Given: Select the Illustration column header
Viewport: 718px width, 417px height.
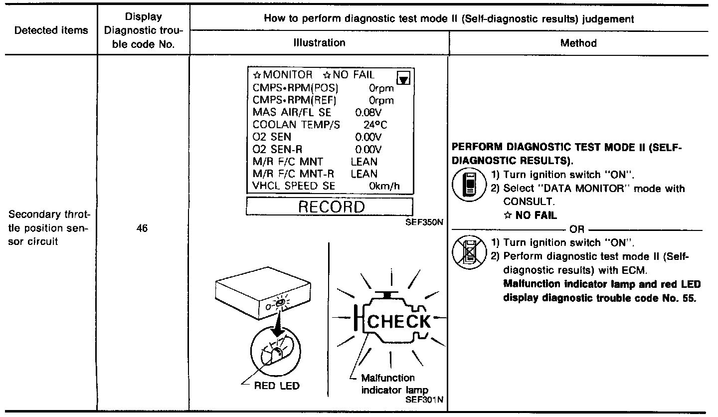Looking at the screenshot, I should (x=319, y=43).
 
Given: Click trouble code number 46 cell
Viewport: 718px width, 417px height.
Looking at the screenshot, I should (x=143, y=230).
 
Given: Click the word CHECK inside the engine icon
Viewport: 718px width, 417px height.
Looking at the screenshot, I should (x=398, y=321).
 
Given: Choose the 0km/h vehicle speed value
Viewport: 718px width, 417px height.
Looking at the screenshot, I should (x=384, y=186).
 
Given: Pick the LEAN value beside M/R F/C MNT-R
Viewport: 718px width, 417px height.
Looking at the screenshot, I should (x=364, y=174).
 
